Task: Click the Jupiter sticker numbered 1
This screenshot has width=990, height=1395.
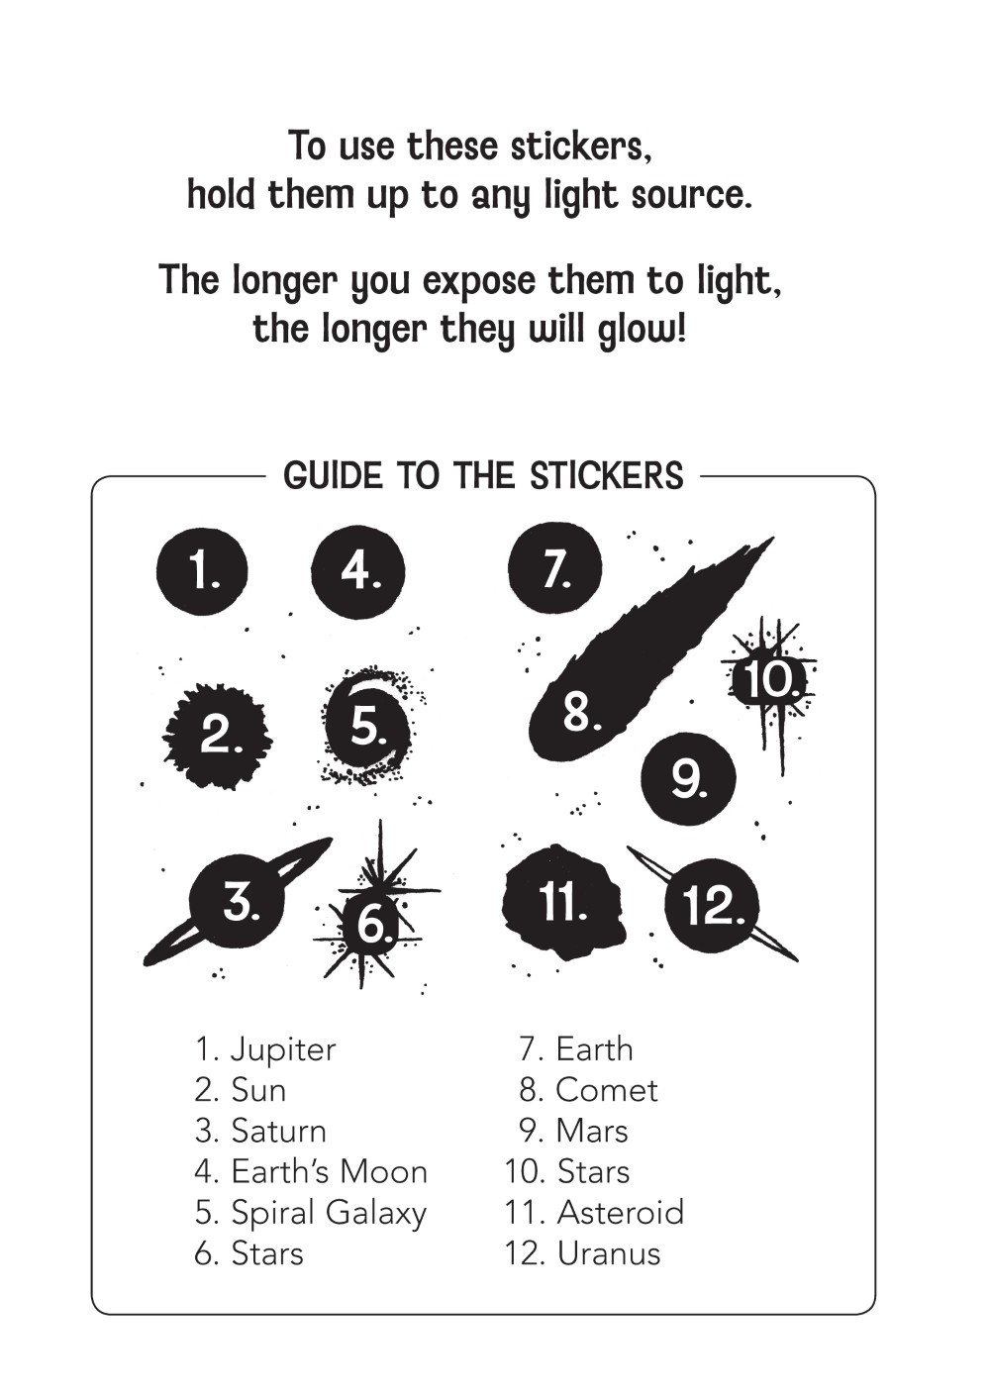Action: (x=202, y=572)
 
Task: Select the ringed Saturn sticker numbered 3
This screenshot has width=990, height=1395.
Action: (x=239, y=901)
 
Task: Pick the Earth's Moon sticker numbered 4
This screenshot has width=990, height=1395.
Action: (x=358, y=572)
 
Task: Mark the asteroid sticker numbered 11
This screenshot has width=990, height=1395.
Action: (x=563, y=902)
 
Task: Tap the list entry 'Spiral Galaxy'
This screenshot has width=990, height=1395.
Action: (x=329, y=1212)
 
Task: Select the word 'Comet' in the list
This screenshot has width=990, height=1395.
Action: (x=606, y=1090)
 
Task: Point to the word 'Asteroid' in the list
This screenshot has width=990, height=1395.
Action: (x=621, y=1212)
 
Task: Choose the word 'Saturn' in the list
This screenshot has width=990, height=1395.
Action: (x=278, y=1131)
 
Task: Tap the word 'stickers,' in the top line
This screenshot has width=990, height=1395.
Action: (x=581, y=147)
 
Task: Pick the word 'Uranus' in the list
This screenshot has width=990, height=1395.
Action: (x=609, y=1253)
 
